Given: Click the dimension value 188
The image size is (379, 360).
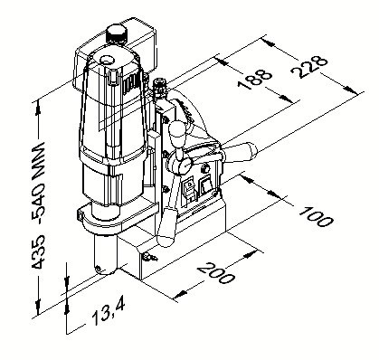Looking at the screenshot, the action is [254, 80].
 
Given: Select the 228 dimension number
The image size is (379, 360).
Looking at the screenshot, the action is [309, 67].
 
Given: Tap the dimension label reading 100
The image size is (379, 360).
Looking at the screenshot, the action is [316, 216].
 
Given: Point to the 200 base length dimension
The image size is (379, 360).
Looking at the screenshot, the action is [215, 273].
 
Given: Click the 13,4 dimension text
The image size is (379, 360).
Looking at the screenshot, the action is [109, 313].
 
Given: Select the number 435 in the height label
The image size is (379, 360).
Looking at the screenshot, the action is [39, 252].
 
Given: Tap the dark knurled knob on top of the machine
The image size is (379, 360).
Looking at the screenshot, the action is [116, 34].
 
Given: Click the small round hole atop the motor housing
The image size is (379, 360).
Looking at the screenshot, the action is [107, 60].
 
